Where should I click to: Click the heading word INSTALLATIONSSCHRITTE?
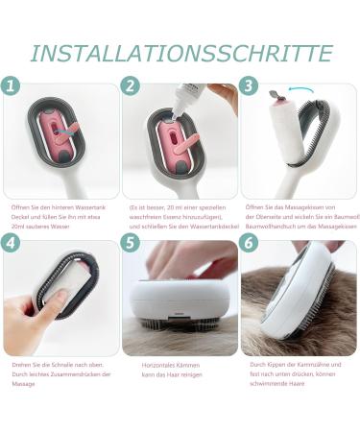pos(180,52)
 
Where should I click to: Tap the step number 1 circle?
pos(12,85)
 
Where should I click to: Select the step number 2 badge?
pos(131,85)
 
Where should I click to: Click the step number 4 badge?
pos(12,243)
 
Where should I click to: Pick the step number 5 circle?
pos(131,243)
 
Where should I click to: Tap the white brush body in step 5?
pos(178,307)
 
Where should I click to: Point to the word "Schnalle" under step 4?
pos(53,365)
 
